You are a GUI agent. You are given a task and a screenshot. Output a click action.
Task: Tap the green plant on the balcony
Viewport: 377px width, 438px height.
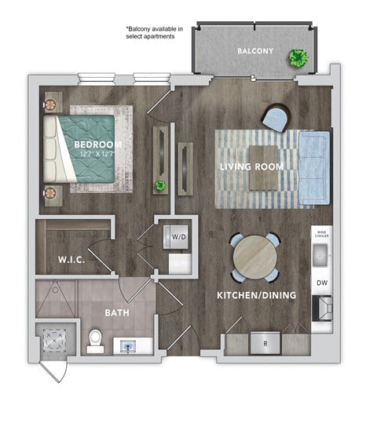click(x=298, y=57)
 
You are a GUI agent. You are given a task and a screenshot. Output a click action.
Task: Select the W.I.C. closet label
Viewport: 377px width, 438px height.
click(x=71, y=257)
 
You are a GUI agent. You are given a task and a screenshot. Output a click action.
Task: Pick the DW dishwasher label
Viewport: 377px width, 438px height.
click(x=322, y=283)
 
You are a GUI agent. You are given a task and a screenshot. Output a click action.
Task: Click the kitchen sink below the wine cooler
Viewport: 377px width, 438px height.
click(x=321, y=254)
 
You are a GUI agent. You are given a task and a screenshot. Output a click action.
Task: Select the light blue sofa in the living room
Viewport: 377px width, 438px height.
click(x=316, y=166)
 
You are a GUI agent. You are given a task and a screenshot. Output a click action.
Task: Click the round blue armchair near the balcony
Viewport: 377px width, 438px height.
click(x=276, y=118)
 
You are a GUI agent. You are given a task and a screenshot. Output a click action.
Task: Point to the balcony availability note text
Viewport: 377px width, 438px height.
click(x=154, y=34)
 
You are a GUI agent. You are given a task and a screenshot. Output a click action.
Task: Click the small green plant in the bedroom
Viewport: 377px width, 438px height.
click(x=159, y=186)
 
